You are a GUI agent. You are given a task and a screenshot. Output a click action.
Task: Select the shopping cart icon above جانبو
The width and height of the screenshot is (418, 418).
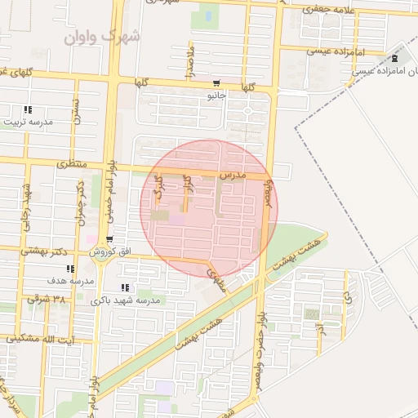pyautogui.click(x=216, y=83)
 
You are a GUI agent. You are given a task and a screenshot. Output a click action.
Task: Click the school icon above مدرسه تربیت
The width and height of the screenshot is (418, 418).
pyautogui.click(x=28, y=109)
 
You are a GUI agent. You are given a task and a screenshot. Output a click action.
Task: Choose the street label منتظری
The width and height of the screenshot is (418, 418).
pyautogui.click(x=72, y=164)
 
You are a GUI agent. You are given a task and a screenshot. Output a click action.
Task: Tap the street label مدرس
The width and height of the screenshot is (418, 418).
pyautogui.click(x=232, y=176)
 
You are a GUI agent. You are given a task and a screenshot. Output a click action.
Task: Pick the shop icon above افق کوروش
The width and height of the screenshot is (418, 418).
pyautogui.click(x=109, y=240)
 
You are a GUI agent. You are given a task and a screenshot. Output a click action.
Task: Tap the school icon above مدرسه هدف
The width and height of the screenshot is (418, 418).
pyautogui.click(x=71, y=269)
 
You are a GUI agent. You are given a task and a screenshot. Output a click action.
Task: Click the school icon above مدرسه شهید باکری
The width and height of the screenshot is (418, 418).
pyautogui.click(x=124, y=287)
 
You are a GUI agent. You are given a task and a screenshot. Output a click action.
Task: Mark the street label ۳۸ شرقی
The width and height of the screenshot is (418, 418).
pyautogui.click(x=47, y=299)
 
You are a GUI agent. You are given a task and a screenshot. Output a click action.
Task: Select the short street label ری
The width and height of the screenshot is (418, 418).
pyautogui.click(x=347, y=284)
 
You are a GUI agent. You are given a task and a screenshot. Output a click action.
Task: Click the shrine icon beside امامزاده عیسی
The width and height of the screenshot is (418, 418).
pyautogui.click(x=396, y=60)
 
